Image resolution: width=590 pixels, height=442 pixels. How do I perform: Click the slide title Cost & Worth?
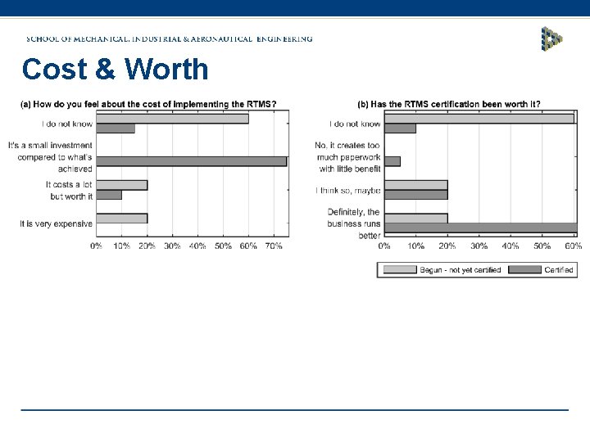point(116,70)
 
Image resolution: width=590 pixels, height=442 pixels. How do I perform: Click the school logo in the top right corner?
point(551,38)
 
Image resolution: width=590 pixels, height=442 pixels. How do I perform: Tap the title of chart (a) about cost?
point(148,104)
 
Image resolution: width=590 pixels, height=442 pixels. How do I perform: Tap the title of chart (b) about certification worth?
point(448,104)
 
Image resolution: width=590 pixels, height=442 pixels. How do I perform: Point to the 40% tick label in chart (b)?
point(511,246)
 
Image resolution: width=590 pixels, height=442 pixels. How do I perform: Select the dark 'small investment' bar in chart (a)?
point(191,161)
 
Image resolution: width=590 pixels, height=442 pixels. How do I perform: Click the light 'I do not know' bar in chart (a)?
point(172,119)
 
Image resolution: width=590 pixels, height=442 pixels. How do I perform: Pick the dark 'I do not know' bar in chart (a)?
point(116,129)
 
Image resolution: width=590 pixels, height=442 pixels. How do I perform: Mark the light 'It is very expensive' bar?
point(121,218)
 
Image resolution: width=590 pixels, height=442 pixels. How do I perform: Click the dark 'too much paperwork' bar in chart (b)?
point(393,161)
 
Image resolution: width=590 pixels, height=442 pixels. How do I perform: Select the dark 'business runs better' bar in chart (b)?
point(480,228)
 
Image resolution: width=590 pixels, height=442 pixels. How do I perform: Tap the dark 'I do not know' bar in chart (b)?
point(400,129)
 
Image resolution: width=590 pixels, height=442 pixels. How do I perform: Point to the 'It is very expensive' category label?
point(57,223)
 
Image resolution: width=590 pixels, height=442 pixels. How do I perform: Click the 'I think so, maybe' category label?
point(348,190)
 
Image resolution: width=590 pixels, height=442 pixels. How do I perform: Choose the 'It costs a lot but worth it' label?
point(70,191)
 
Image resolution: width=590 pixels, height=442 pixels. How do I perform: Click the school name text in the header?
point(170,38)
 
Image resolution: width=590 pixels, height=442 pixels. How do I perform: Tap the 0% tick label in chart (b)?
point(384,246)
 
